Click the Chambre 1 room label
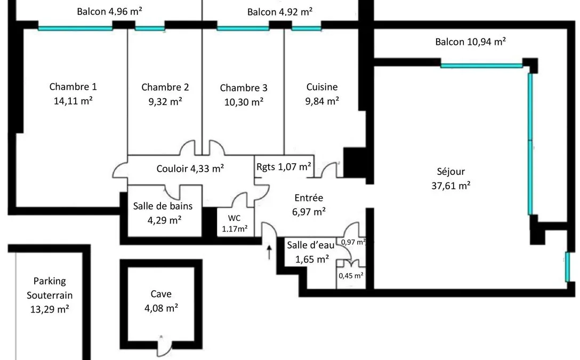[73, 86]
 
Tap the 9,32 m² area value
[165, 101]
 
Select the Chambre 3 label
[244, 87]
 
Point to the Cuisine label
[322, 87]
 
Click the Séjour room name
[450, 172]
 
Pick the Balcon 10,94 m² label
[471, 42]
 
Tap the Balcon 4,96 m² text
[109, 12]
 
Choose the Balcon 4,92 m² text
[280, 12]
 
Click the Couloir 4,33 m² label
[190, 169]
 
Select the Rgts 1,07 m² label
[284, 167]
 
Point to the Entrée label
[309, 198]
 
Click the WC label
[234, 218]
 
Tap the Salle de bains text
[163, 206]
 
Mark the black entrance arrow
[269, 252]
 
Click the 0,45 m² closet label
[351, 276]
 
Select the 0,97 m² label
[353, 242]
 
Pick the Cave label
[161, 294]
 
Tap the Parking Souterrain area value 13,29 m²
[50, 309]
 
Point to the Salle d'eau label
[311, 245]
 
